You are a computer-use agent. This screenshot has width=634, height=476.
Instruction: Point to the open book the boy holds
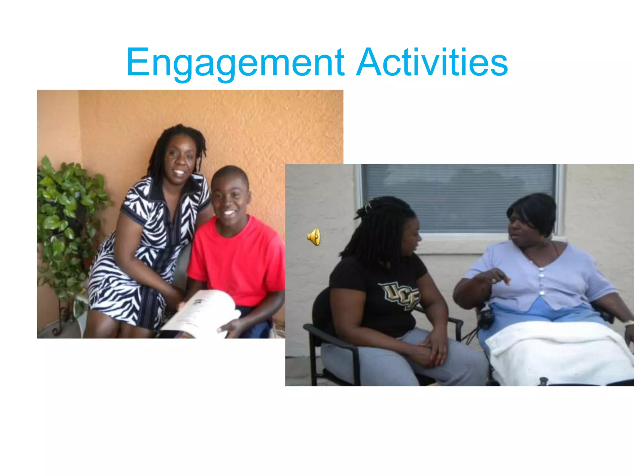point(204,313)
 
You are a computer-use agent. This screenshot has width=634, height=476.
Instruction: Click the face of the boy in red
point(231,198)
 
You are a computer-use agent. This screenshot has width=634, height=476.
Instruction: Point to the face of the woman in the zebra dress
point(180,161)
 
